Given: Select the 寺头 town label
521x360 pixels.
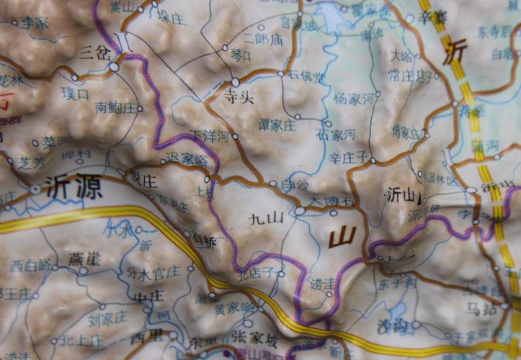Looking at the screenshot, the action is [239, 97].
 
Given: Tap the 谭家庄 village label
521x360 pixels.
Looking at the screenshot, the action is [277, 125].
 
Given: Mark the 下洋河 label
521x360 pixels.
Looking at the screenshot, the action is [210, 135].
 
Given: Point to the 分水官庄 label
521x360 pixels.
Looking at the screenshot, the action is [153, 272].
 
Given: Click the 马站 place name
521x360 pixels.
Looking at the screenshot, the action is [481, 310].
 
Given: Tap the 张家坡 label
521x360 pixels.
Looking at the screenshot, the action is [254, 337].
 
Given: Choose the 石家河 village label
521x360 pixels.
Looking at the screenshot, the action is [336, 135].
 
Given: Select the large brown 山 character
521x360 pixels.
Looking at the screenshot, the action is [342, 235].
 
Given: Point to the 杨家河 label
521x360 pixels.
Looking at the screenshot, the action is [355, 98].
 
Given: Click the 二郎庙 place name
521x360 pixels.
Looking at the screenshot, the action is [263, 40].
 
